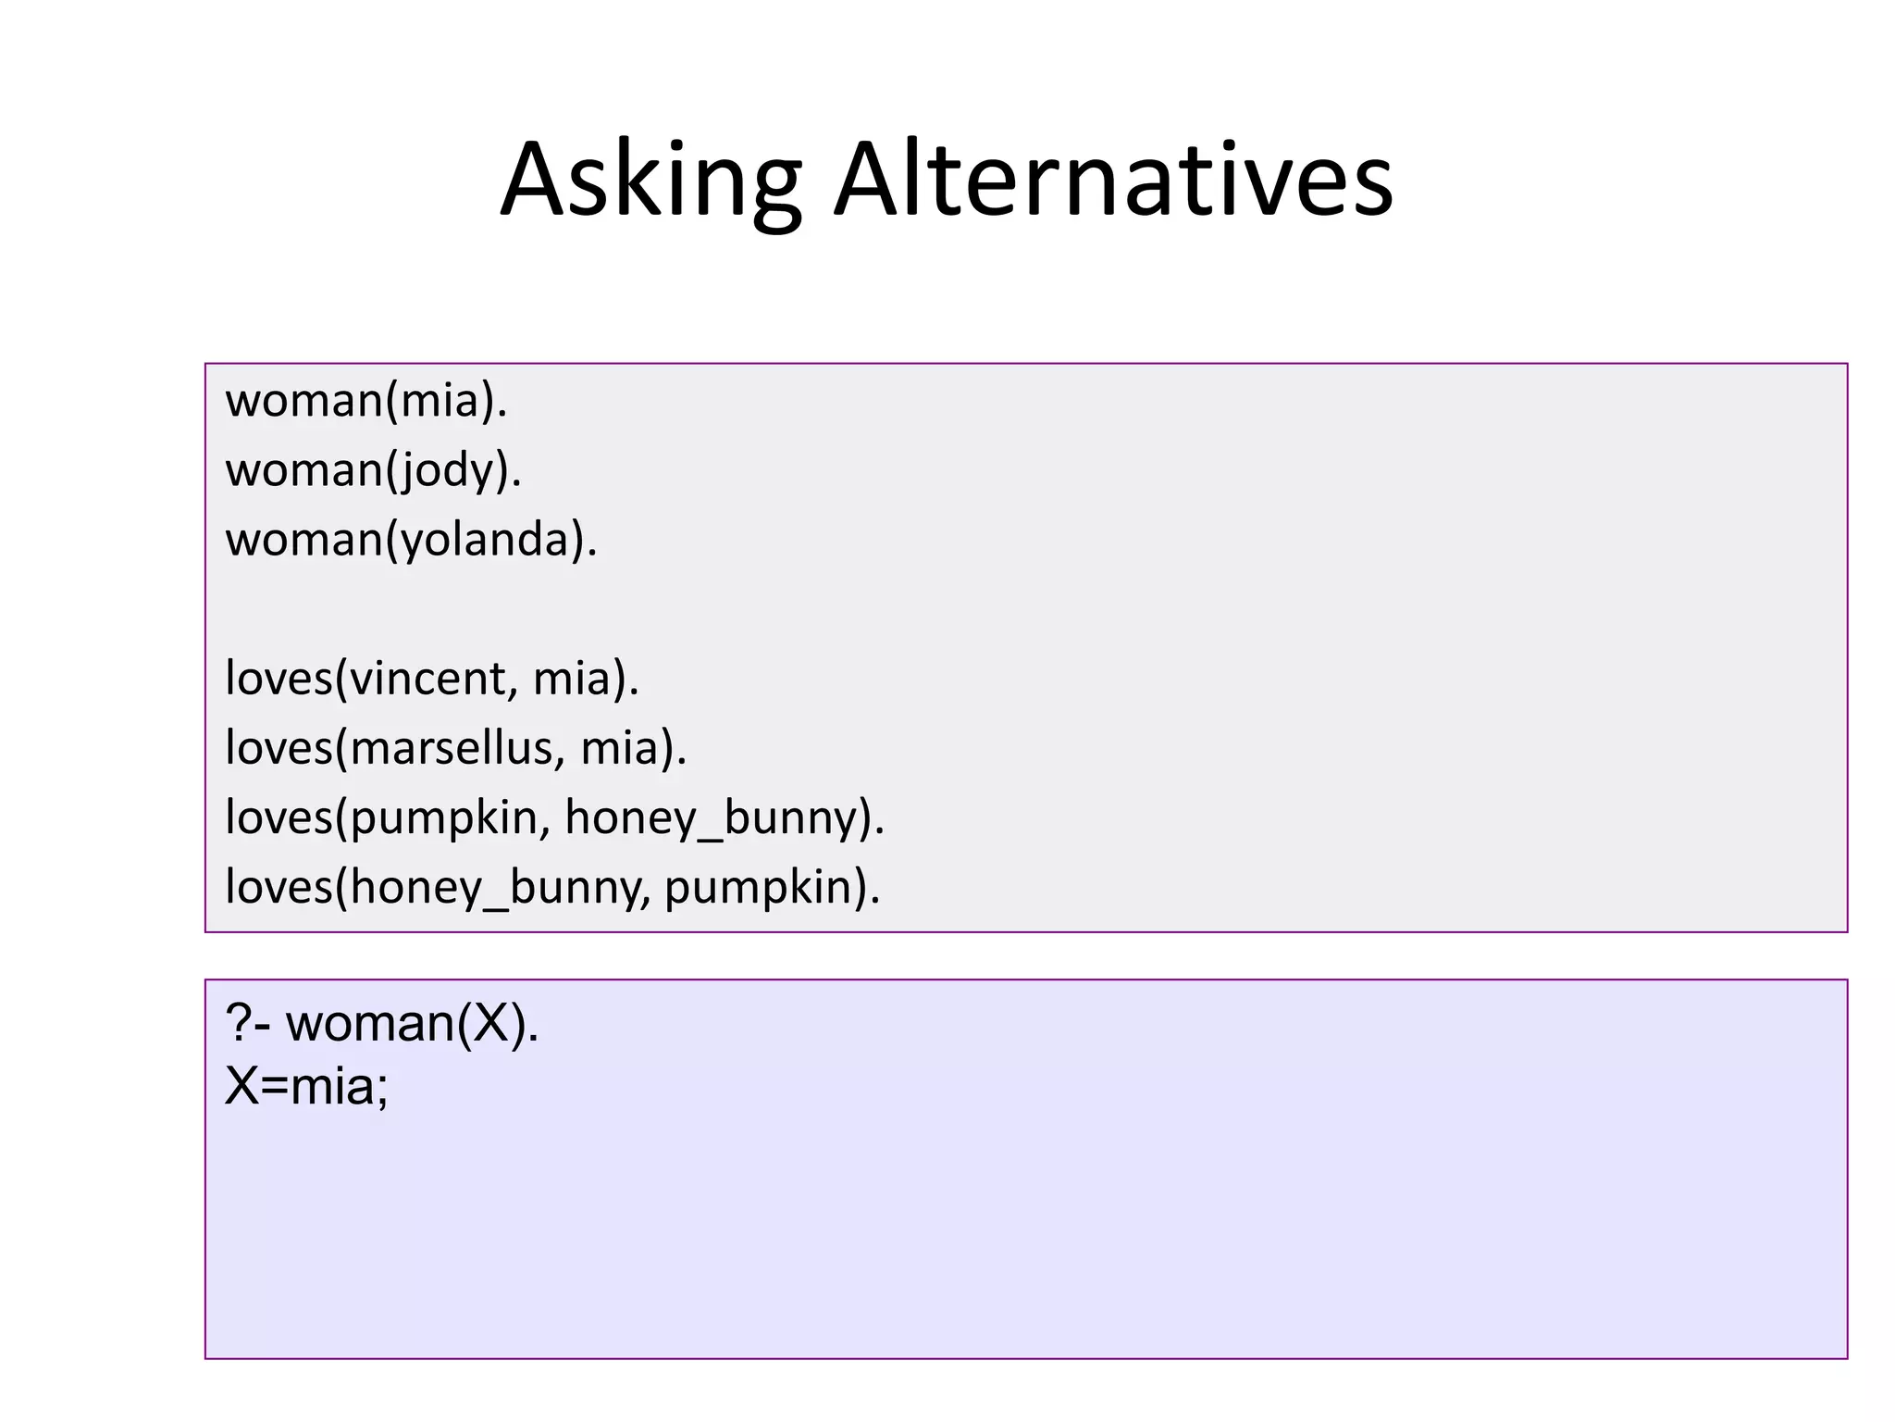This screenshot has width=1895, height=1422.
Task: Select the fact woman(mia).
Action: (366, 401)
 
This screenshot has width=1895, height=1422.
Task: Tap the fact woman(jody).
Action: (374, 470)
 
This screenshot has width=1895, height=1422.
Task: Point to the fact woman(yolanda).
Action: (411, 540)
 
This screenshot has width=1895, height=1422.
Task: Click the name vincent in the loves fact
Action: (427, 679)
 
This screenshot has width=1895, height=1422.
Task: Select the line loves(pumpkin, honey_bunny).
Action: (554, 817)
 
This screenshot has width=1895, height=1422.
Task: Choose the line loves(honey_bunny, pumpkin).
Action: (552, 887)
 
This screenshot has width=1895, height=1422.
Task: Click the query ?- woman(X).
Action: (381, 1024)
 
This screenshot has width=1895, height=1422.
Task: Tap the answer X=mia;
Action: (306, 1085)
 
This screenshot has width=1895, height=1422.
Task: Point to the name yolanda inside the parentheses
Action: (487, 540)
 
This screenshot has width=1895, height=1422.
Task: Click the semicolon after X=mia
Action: (382, 1089)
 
